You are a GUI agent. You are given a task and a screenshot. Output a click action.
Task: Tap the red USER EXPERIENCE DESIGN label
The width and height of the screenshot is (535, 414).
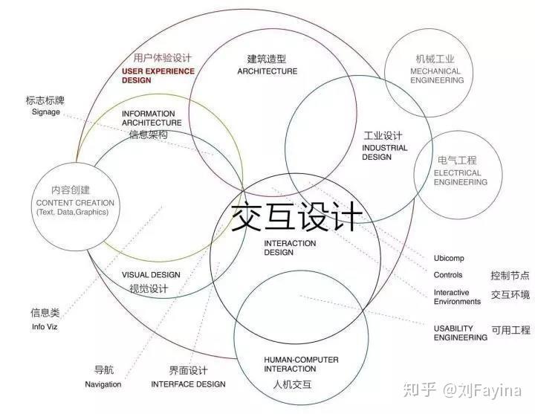pos(158,76)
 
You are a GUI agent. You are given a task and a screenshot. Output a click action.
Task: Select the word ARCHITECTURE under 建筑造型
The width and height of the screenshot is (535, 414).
pos(267,71)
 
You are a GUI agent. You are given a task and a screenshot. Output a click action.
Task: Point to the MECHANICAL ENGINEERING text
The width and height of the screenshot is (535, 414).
pos(435,76)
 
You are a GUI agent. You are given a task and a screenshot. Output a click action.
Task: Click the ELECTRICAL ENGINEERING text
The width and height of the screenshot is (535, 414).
pos(446,177)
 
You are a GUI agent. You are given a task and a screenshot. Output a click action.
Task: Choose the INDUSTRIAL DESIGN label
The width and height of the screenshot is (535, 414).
pos(385,152)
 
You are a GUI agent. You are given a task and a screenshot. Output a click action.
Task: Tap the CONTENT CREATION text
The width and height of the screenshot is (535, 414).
pos(74,203)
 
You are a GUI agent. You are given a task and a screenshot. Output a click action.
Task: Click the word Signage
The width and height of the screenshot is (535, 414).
pos(45,112)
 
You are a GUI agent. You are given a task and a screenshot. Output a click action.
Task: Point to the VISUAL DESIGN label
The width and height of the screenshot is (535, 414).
pos(151,275)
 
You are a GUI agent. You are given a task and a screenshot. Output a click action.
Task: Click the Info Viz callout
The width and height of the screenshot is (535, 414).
pos(44,327)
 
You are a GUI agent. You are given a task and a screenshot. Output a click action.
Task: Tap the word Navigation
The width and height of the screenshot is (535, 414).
pos(103,384)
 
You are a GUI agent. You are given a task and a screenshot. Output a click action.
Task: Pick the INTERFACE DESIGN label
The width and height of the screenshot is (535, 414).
pos(188,384)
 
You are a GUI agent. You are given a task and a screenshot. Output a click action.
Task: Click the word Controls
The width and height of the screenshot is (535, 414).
pos(448,275)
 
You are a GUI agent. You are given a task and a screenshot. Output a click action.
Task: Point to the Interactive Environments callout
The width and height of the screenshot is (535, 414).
pos(457,297)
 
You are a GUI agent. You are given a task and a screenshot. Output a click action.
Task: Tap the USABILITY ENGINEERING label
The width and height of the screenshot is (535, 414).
pos(461,332)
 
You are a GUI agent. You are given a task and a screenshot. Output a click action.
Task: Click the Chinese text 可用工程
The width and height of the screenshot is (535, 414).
pos(510,330)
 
